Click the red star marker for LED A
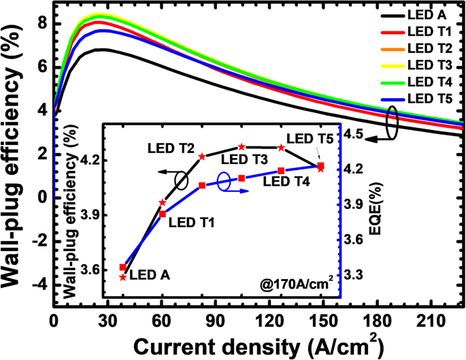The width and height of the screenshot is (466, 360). (x=123, y=276)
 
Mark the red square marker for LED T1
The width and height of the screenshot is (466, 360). (x=163, y=214)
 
